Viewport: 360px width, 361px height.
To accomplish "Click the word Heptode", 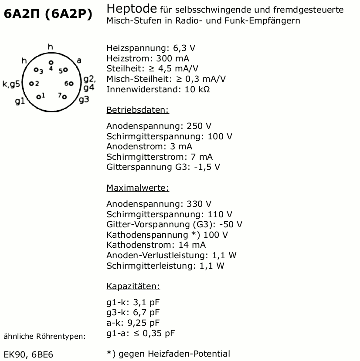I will (132, 9).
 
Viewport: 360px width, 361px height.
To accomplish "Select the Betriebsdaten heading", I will (137, 110).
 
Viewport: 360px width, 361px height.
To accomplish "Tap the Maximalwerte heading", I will (137, 188).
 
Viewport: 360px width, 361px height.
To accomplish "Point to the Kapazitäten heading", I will (133, 286).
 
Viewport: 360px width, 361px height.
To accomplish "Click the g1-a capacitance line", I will (140, 334).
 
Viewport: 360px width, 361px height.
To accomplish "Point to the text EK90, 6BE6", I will (28, 354).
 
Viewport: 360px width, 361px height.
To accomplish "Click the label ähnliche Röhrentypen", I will (44, 336).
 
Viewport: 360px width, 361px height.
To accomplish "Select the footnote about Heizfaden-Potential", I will (168, 354).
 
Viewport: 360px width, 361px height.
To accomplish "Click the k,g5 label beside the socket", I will (12, 84).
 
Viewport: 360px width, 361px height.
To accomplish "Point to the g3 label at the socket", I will (84, 99).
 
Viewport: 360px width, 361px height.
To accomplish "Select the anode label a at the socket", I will (79, 61).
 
